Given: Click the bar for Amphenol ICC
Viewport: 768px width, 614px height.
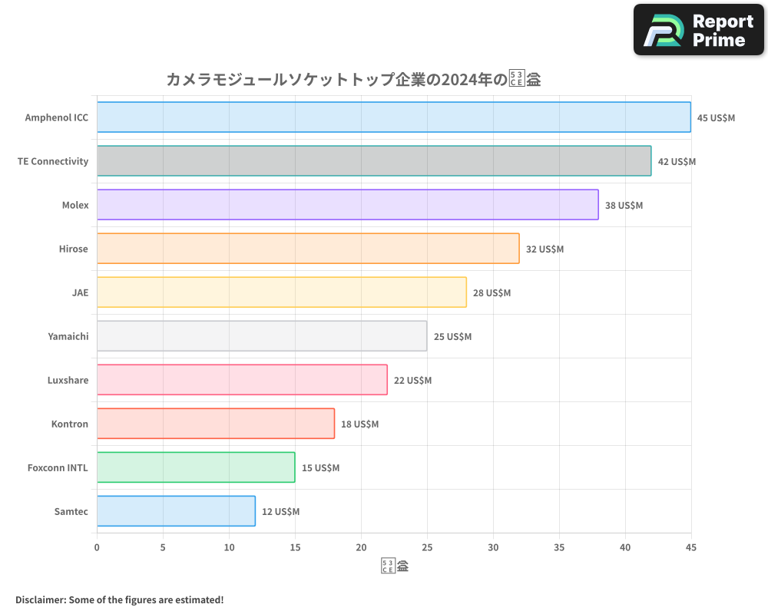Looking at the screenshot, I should point(393,117).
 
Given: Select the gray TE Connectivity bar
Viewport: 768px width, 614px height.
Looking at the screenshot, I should point(374,161).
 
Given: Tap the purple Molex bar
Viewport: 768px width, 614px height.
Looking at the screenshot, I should point(347,205).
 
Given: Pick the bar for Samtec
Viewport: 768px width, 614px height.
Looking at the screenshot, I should point(176,511).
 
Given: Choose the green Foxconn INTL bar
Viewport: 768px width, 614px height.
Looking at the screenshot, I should point(196,467).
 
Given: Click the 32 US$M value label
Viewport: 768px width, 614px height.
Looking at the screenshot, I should point(545,249).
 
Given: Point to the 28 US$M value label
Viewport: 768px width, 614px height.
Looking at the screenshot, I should point(492,293).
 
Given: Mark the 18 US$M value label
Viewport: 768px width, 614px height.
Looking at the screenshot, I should point(359,424).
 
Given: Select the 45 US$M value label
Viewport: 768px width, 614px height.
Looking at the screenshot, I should point(716,118).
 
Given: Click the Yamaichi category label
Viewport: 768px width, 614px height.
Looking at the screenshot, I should point(68,337).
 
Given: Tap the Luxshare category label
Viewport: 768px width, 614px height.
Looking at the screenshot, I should point(68,381).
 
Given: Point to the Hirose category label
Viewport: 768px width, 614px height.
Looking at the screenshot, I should point(74,249).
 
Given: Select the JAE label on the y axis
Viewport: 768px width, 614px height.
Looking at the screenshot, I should point(80,293).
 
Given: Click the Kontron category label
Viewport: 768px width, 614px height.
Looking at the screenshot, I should point(70,424).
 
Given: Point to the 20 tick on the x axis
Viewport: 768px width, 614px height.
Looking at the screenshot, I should point(361,548).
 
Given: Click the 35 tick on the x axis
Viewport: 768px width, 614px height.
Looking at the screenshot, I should point(559,548).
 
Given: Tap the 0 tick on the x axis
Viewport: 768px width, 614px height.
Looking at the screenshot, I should point(97,548).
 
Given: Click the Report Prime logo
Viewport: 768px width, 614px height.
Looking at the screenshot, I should point(699,30).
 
